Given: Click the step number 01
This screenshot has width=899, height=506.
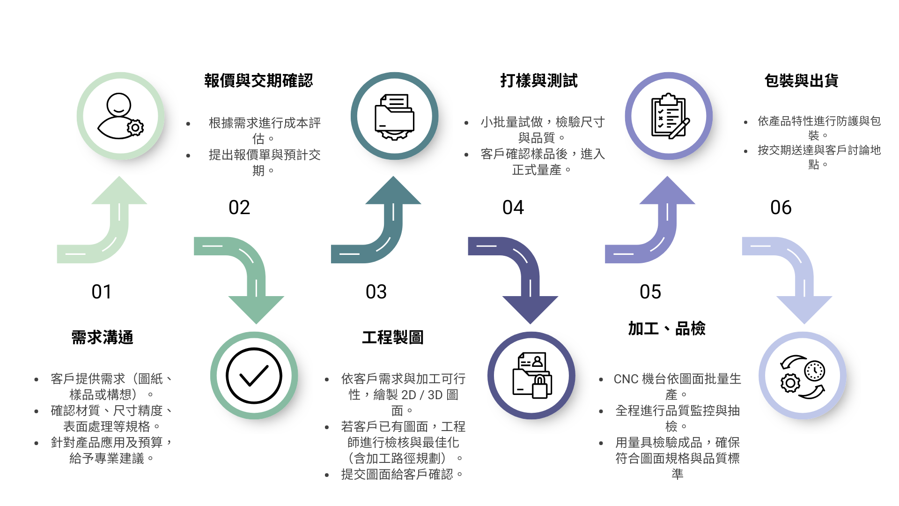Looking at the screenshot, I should [x=102, y=292].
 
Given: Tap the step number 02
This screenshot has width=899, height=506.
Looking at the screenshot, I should [x=239, y=208].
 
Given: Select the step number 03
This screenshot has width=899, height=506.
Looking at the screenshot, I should [x=376, y=292].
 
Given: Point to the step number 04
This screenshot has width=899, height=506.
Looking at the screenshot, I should [x=513, y=208].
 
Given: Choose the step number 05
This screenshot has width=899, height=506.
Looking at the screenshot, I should [x=650, y=292].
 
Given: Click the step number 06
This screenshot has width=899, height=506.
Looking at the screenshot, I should [x=781, y=208].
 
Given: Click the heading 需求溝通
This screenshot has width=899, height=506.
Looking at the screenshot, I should [x=102, y=337].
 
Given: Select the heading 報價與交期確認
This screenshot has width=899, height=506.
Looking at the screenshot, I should [x=258, y=81].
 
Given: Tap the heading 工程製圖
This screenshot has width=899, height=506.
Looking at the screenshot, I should [x=393, y=337].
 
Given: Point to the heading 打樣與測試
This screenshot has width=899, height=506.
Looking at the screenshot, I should [x=539, y=81].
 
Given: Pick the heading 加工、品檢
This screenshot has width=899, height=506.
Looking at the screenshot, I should [x=667, y=328].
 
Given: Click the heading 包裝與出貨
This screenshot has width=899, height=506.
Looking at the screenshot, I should [x=802, y=81].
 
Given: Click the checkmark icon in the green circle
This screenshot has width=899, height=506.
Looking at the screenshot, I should [x=254, y=376].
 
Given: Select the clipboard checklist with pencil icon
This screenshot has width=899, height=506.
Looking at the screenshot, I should [x=670, y=116].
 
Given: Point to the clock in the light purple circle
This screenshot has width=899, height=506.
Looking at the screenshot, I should [x=815, y=371].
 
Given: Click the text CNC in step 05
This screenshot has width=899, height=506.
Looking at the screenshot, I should [x=626, y=379].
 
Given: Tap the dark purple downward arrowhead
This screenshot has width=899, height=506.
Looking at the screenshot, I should [x=530, y=309].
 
